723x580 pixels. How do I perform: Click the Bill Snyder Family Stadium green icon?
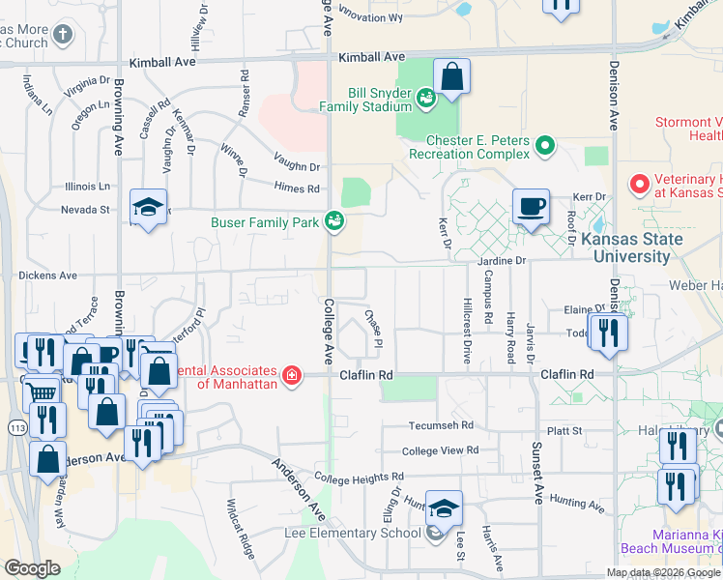tap(424, 97)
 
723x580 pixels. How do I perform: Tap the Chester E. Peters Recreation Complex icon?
tap(545, 147)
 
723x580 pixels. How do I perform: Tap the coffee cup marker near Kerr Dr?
tap(531, 208)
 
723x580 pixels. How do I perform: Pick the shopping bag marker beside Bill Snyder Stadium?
tap(451, 77)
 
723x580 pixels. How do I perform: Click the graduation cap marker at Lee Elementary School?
tap(444, 509)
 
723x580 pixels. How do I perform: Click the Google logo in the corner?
tap(32, 567)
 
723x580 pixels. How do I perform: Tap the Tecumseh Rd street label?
tap(441, 424)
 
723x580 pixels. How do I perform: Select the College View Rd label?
tap(440, 450)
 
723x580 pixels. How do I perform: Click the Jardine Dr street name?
tap(500, 261)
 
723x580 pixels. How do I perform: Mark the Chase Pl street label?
tap(373, 330)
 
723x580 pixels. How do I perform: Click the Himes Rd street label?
tap(297, 188)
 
